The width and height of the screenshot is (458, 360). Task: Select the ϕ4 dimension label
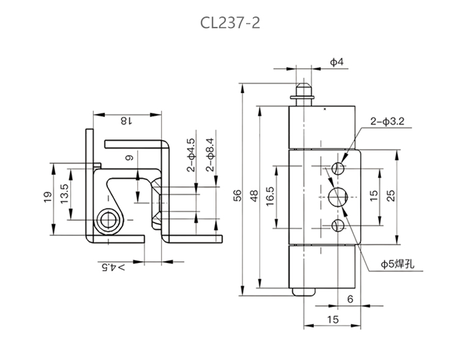click(x=336, y=62)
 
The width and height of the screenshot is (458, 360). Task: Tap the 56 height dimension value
click(x=238, y=194)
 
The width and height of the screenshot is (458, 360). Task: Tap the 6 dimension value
click(x=349, y=299)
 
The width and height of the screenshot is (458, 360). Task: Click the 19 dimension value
click(x=48, y=197)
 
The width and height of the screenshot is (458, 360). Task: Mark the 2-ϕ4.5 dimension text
click(x=191, y=155)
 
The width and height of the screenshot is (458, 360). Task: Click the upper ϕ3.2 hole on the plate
click(x=338, y=167)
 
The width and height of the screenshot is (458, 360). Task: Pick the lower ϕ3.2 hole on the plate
click(x=338, y=226)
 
